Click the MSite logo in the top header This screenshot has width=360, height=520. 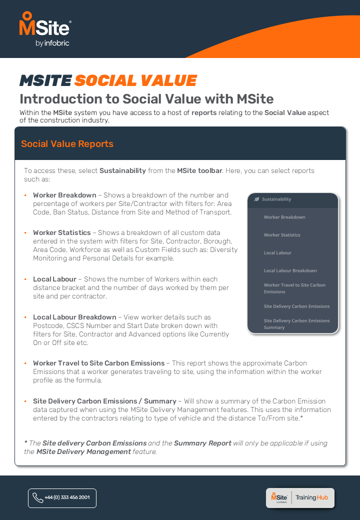[x=44, y=29]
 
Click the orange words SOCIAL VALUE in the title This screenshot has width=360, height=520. [x=135, y=80]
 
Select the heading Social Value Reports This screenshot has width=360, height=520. [x=67, y=144]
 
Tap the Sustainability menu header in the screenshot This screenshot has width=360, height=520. [x=276, y=199]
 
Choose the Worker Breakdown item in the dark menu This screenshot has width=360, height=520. [x=284, y=217]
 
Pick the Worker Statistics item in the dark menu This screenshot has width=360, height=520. [x=282, y=235]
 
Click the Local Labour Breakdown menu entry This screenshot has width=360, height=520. [x=290, y=270]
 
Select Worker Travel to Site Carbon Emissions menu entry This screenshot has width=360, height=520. [x=294, y=288]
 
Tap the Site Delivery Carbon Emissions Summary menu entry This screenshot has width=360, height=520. [x=296, y=324]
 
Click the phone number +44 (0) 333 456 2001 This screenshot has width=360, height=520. [x=67, y=498]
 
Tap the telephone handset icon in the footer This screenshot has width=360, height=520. [x=37, y=498]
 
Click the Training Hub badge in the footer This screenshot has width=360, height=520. [x=300, y=497]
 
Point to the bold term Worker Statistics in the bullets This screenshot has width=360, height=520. [x=62, y=232]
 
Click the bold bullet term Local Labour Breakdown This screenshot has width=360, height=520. [x=74, y=317]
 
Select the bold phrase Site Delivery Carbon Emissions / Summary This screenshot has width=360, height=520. [x=104, y=401]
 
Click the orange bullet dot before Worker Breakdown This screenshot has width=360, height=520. [x=25, y=195]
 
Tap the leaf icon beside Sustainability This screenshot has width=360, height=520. [x=256, y=199]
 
